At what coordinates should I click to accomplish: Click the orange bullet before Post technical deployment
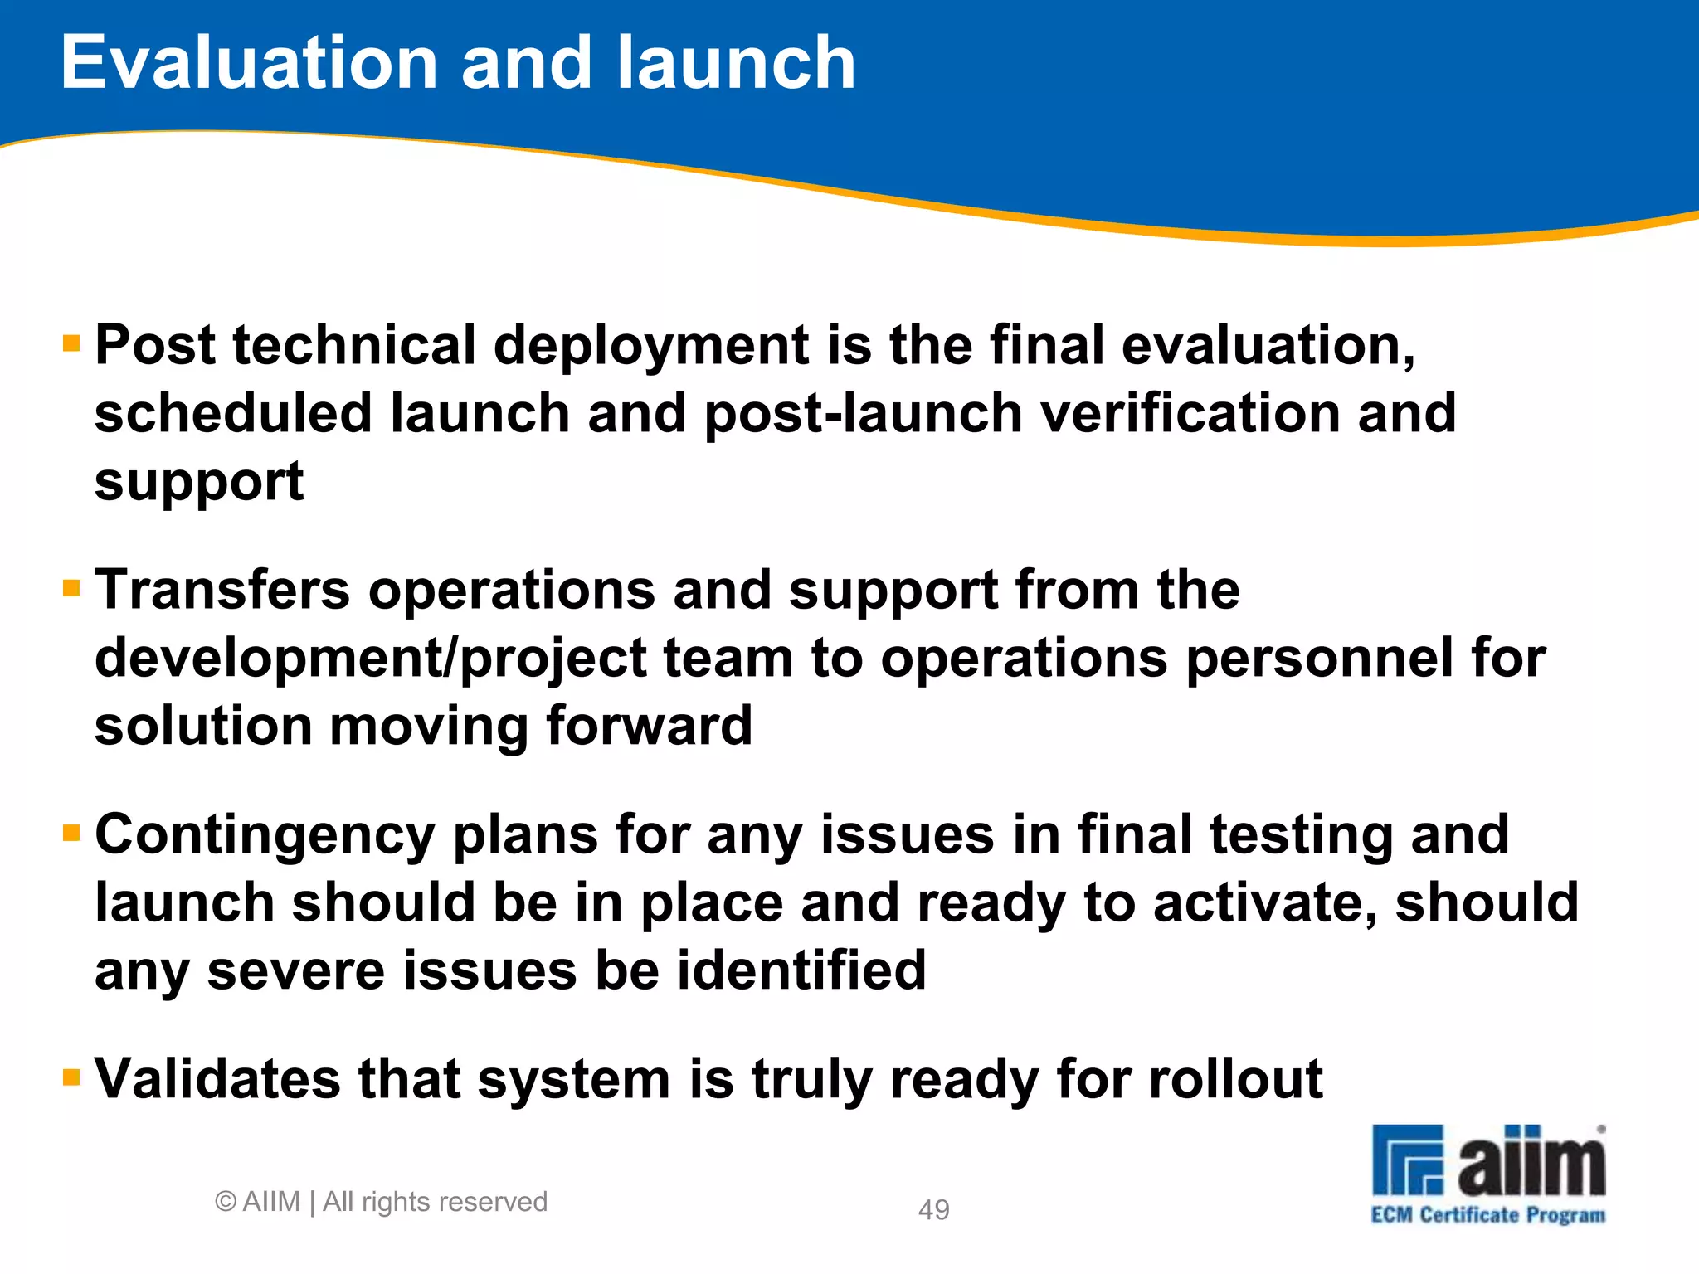[71, 343]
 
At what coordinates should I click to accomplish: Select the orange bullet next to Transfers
[71, 588]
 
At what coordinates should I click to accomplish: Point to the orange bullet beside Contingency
[71, 832]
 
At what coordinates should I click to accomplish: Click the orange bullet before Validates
[71, 1077]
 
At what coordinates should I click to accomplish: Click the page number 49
[933, 1209]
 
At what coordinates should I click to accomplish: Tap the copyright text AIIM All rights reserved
[382, 1201]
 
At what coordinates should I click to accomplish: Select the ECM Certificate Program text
[1487, 1215]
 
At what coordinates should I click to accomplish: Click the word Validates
[217, 1079]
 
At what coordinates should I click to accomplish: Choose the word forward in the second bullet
[649, 727]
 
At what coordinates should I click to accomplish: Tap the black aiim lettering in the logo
[1531, 1161]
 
